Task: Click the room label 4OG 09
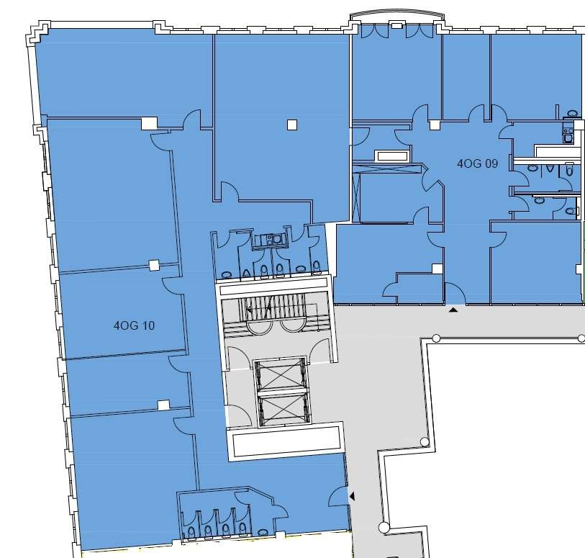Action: point(477,163)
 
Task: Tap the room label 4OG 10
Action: point(134,325)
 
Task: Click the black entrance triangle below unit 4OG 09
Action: point(453,310)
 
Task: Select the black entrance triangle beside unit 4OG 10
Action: point(352,496)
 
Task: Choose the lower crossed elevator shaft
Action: point(284,410)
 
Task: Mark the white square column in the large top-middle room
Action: point(292,125)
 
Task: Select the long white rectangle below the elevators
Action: point(286,441)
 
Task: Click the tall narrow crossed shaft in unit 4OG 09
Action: point(357,198)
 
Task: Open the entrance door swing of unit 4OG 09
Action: point(455,293)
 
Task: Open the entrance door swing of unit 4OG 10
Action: point(339,496)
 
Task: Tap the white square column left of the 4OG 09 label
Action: point(435,125)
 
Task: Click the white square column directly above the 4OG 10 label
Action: point(154,266)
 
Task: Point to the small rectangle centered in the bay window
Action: point(396,26)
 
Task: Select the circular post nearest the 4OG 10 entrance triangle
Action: point(384,527)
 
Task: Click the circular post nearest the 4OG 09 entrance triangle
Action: point(436,338)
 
